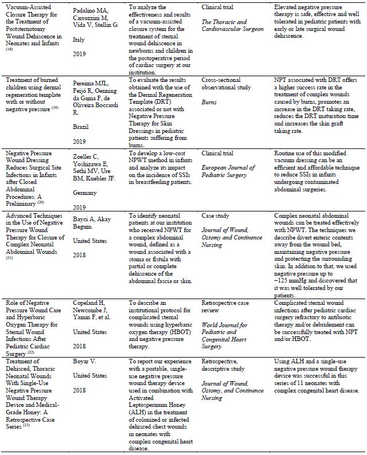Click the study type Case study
[x=216, y=215]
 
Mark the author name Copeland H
[x=92, y=301]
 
